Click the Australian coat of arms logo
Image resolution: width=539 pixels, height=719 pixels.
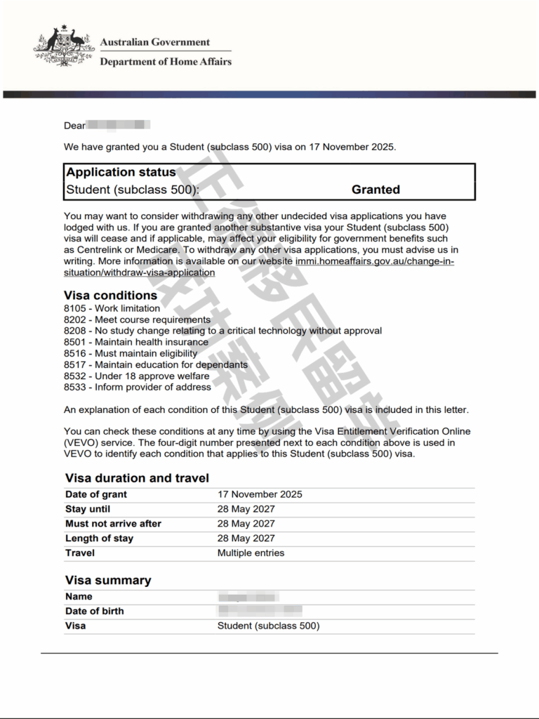pos(64,47)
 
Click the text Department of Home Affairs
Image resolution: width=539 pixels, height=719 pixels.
pos(166,62)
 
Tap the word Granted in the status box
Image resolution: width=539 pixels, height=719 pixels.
pos(375,190)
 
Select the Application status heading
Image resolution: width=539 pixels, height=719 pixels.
pos(121,172)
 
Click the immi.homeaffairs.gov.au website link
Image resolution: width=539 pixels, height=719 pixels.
pos(375,261)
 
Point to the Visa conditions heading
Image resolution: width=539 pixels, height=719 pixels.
pos(110,296)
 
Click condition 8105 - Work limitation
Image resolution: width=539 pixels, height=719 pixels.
pos(112,308)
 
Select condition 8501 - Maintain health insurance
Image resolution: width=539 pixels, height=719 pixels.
pos(135,342)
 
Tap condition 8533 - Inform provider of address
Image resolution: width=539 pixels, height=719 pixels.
pos(137,387)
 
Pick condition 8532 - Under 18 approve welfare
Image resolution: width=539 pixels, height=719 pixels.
pos(136,376)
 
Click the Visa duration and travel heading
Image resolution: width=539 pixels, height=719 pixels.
pos(137,478)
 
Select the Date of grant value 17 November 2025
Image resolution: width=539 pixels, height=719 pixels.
pos(260,494)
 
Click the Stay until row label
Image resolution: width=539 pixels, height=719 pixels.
pos(88,509)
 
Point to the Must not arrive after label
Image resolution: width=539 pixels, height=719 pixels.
pos(113,524)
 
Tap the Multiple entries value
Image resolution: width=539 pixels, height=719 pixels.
pos(251,553)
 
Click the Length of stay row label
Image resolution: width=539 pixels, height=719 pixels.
pos(99,539)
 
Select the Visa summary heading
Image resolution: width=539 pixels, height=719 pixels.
pos(108,580)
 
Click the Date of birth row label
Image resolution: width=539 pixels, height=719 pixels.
pos(94,611)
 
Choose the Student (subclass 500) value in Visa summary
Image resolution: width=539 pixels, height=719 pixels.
pos(268,626)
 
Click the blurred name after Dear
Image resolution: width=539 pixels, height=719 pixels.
pos(118,126)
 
